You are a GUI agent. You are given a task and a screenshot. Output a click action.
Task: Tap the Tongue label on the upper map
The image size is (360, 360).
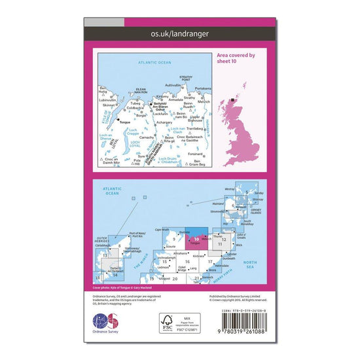point(124,120)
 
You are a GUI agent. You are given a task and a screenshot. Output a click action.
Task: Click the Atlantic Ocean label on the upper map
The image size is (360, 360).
point(154,62)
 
